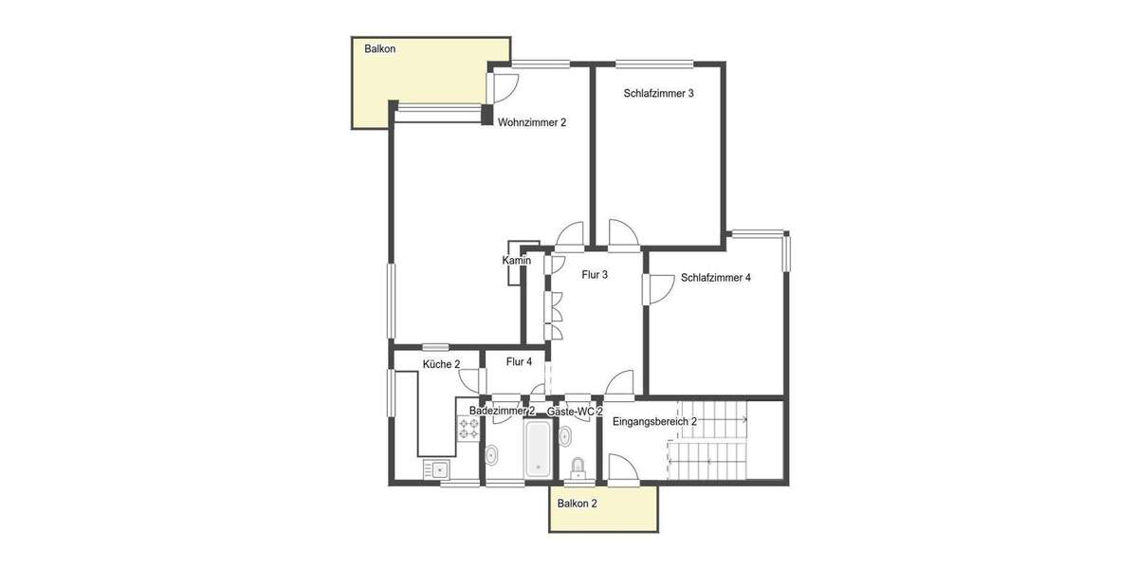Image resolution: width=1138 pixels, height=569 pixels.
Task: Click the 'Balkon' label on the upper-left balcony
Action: [379, 48]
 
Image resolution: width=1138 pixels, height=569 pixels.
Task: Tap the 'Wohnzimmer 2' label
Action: [532, 122]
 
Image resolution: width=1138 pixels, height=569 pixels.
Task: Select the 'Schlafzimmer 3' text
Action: [659, 94]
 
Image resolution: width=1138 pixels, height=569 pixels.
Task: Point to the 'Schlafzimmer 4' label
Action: [716, 278]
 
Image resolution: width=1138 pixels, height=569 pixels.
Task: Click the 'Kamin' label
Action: [516, 261]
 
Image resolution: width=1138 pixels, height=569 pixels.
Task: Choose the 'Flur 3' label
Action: [595, 275]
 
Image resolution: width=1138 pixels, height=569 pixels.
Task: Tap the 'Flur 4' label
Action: [519, 361]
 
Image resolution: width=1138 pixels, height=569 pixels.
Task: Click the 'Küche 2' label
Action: [441, 364]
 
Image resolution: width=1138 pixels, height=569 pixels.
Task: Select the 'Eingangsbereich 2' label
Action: [654, 421]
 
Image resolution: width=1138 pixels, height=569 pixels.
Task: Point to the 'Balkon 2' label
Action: [578, 504]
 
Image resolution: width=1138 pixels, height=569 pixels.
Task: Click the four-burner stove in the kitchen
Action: [468, 429]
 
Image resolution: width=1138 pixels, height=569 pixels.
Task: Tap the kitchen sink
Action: [437, 468]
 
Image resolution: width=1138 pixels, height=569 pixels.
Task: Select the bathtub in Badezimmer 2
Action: [538, 449]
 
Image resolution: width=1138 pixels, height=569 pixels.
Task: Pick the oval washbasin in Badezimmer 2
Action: [492, 456]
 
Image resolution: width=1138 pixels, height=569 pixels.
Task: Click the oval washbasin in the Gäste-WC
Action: [566, 436]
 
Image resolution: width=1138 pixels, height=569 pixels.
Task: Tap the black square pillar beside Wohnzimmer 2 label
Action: [487, 118]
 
